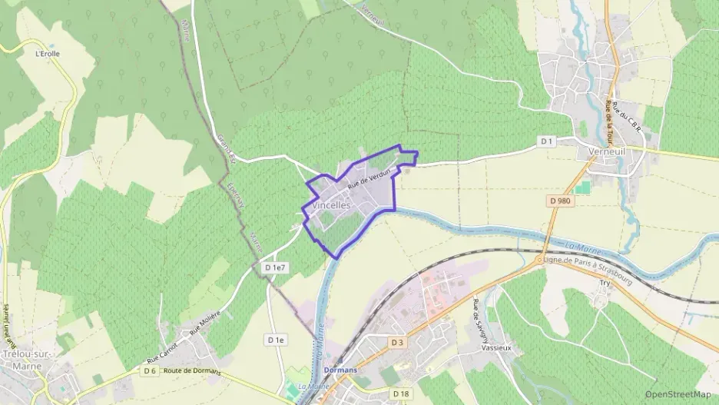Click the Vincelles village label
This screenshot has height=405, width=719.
pyautogui.click(x=332, y=206)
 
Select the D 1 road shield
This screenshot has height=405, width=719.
pyautogui.click(x=546, y=141)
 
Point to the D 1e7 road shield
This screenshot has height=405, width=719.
pyautogui.click(x=274, y=267)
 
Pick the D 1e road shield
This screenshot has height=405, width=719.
pyautogui.click(x=276, y=340)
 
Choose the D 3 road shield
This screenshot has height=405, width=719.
pyautogui.click(x=397, y=342)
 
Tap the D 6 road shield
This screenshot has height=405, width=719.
pyautogui.click(x=151, y=371)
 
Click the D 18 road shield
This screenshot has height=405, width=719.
pyautogui.click(x=400, y=394)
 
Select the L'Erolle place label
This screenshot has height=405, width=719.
pyautogui.click(x=48, y=54)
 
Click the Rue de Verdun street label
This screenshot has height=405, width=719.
pyautogui.click(x=370, y=178)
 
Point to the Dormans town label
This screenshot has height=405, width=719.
pyautogui.click(x=340, y=370)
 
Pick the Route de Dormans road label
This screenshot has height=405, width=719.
pyautogui.click(x=192, y=372)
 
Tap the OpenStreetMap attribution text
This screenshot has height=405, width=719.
pyautogui.click(x=678, y=395)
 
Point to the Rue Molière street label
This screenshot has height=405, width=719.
pyautogui.click(x=205, y=323)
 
